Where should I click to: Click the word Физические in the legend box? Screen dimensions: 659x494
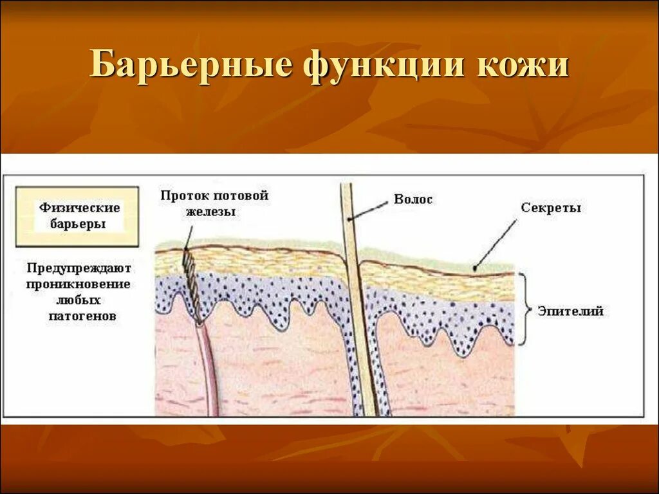pyautogui.click(x=79, y=208)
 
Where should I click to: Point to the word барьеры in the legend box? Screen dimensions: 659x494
pyautogui.click(x=79, y=224)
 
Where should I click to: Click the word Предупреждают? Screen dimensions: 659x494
pyautogui.click(x=79, y=267)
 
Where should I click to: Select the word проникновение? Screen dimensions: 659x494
pyautogui.click(x=79, y=284)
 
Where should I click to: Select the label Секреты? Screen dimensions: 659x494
pyautogui.click(x=551, y=208)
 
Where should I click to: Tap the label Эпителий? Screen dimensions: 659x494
pyautogui.click(x=571, y=311)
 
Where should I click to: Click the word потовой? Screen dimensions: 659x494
pyautogui.click(x=242, y=196)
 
